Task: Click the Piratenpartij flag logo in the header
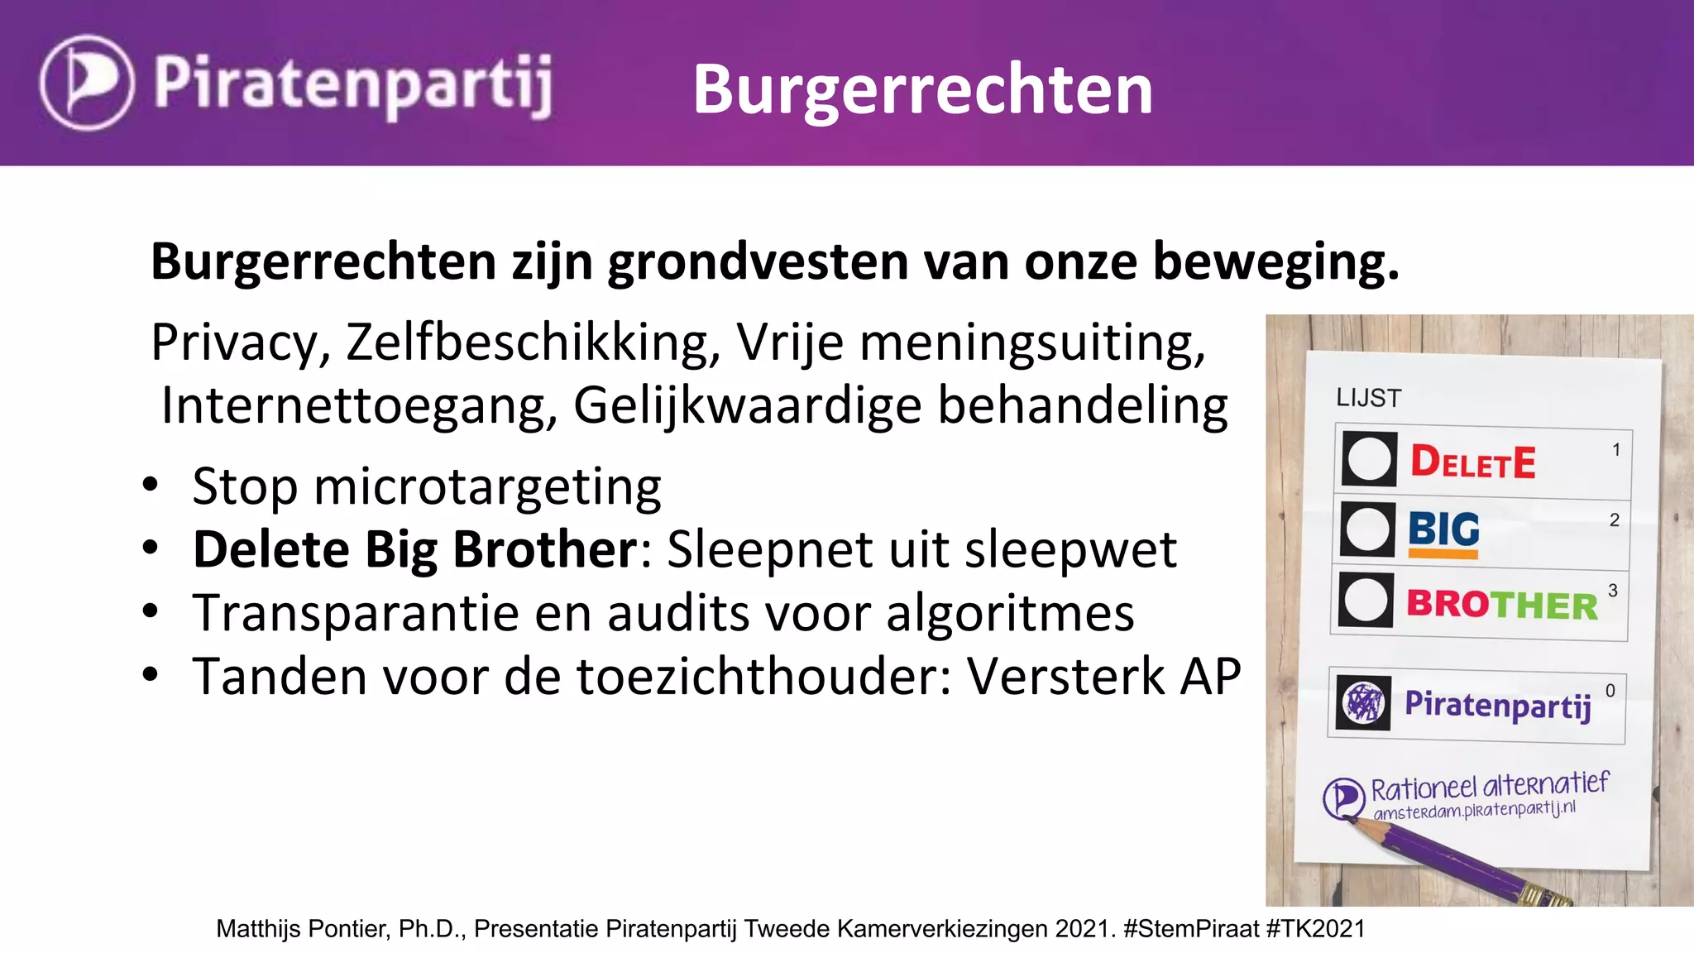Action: coord(86,83)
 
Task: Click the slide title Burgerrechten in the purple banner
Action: coord(922,89)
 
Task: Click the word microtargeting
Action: coord(487,487)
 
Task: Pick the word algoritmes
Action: coord(1010,613)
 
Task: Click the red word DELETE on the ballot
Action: coord(1472,462)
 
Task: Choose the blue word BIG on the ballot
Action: coord(1443,529)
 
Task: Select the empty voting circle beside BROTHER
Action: coord(1366,600)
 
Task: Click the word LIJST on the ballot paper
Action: coord(1368,398)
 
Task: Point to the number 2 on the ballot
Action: coord(1614,520)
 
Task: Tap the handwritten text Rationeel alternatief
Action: coord(1490,787)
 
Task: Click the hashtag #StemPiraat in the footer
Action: coord(1190,929)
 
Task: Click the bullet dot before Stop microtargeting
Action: coord(150,486)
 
